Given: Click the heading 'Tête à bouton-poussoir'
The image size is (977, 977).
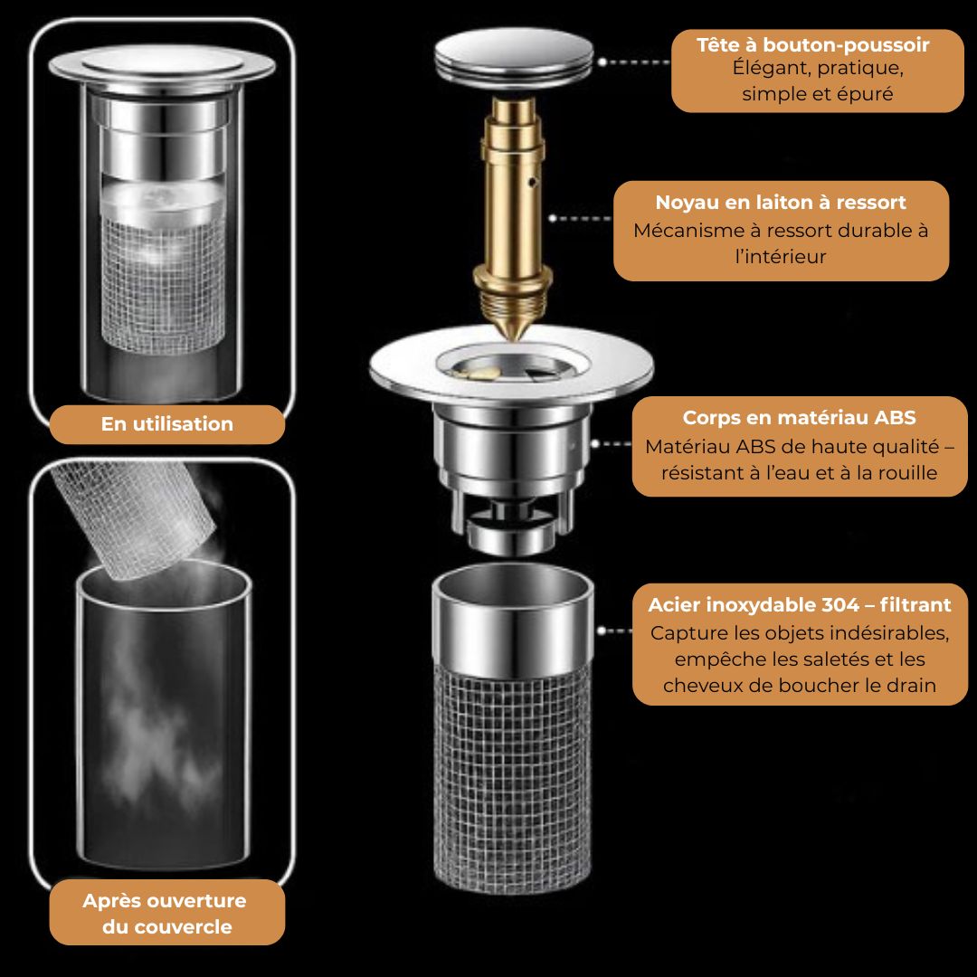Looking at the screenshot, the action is [812, 45].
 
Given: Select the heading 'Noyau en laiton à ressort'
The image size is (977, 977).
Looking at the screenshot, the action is [781, 203].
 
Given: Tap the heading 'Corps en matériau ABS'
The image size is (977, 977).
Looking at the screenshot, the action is [800, 417].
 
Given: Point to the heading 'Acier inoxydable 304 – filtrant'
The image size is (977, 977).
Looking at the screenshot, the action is [800, 604].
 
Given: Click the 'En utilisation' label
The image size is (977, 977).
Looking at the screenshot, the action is [167, 423].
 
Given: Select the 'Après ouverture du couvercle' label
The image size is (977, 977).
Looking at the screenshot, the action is [166, 913].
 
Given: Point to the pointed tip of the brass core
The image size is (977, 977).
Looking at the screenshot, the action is [514, 339].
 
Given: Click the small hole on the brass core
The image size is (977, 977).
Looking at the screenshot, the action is [532, 183].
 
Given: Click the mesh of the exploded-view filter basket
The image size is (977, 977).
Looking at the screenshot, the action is [512, 779].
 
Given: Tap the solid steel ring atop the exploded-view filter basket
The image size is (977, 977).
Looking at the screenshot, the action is [512, 623].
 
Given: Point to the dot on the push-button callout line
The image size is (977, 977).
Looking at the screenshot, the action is [602, 62].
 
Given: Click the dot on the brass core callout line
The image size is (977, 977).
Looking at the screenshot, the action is [553, 218].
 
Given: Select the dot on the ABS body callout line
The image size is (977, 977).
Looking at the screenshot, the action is [595, 443].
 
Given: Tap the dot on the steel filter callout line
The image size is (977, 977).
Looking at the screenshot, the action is [602, 631].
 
